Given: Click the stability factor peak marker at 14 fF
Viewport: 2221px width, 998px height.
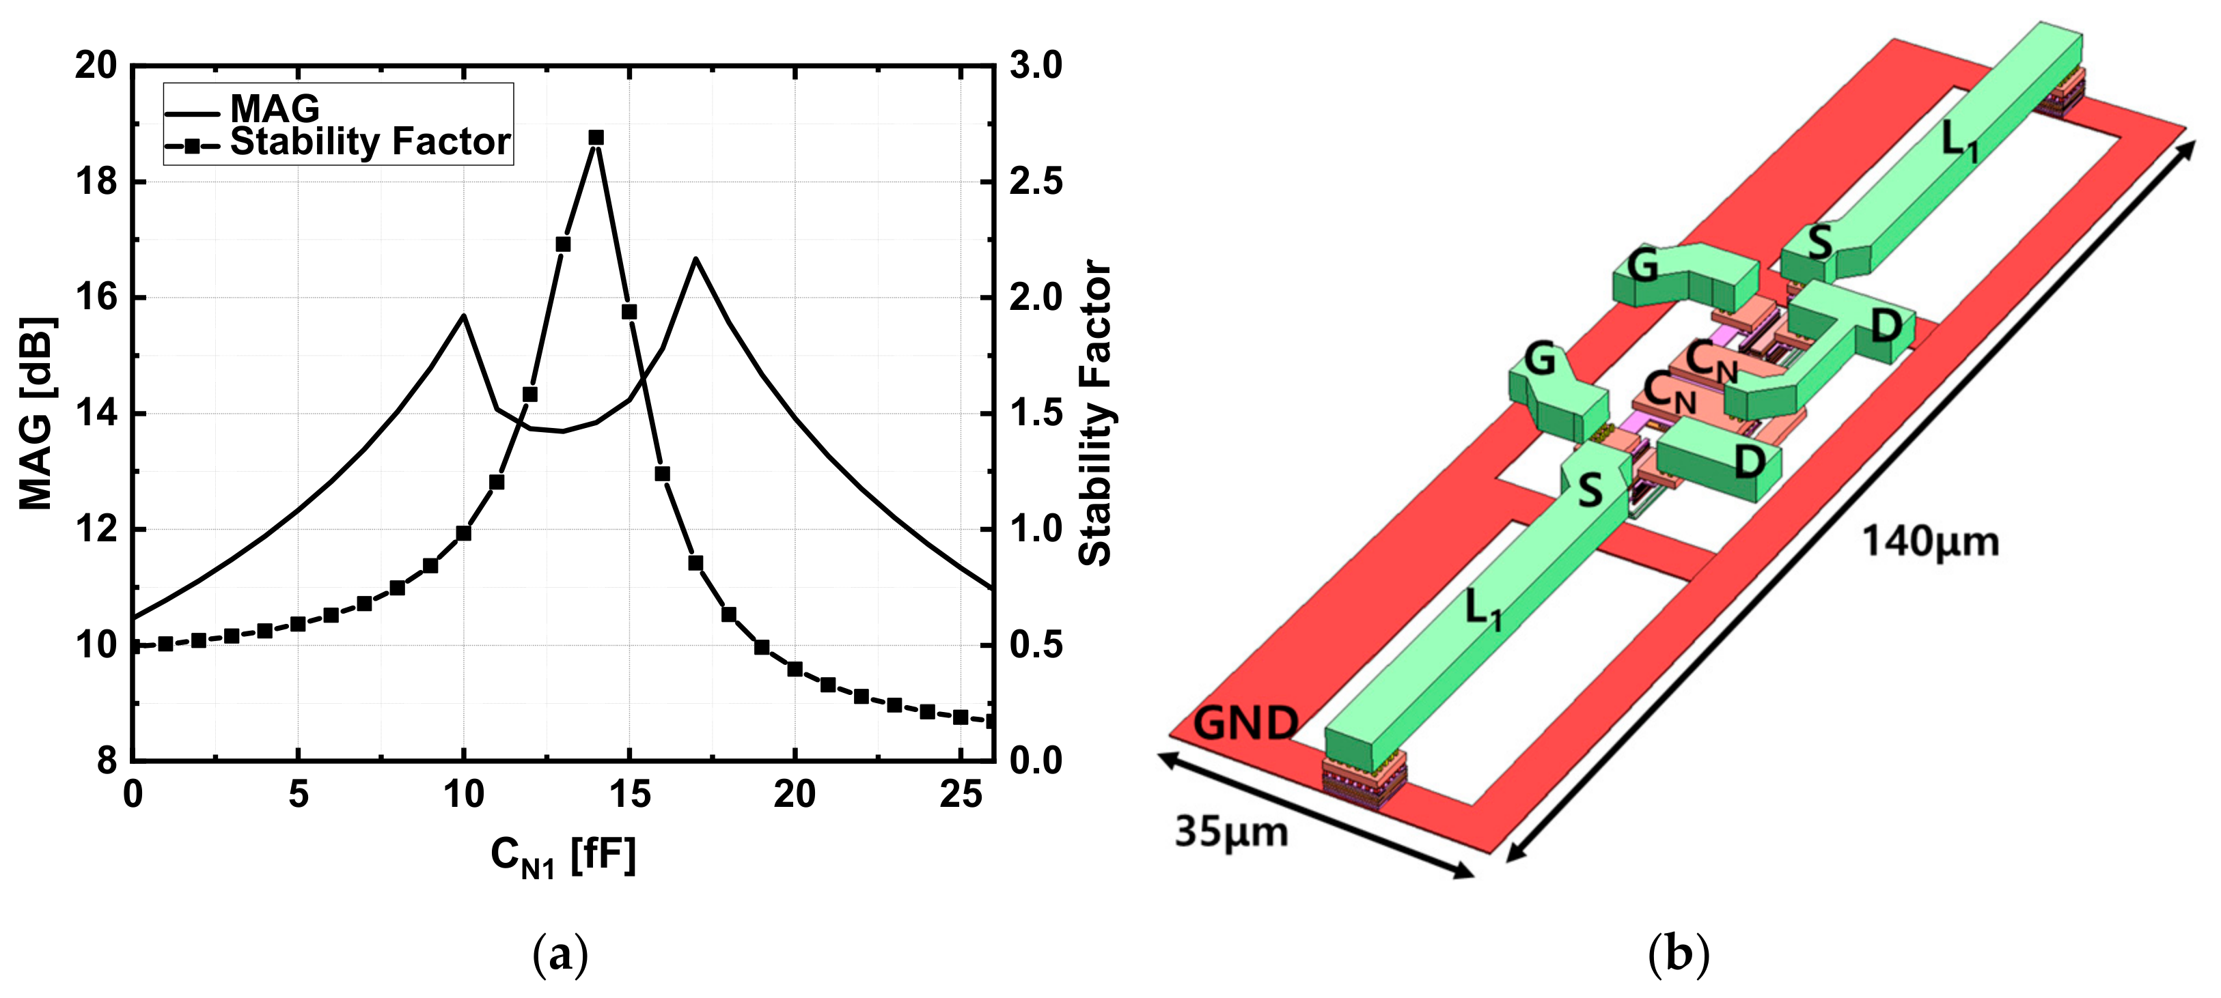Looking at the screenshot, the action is (596, 138).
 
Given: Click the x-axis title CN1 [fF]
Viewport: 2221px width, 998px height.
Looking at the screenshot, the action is (563, 857).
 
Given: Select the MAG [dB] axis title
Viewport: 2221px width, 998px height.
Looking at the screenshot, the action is (37, 413).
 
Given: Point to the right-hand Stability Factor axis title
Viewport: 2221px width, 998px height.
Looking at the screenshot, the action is (1095, 413).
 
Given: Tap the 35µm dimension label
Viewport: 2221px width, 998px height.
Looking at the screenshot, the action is (1231, 833).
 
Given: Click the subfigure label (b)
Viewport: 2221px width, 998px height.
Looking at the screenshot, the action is (1678, 954).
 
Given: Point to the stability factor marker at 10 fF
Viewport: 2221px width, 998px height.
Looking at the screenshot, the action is (464, 534).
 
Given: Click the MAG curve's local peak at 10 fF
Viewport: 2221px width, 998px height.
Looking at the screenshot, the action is (464, 315).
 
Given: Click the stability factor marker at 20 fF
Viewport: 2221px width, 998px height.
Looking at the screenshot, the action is (795, 669).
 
